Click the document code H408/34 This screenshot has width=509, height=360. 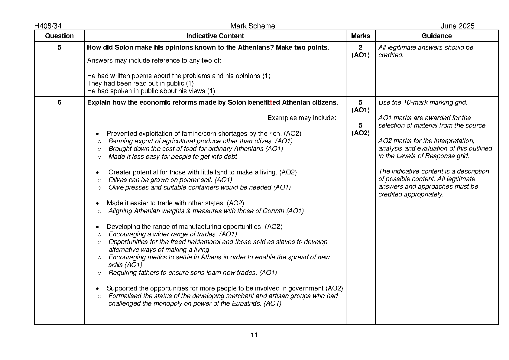[48, 26]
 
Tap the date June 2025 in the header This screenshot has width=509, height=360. [457, 26]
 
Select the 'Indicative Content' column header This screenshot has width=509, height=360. [215, 36]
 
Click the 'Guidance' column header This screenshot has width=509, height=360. [436, 36]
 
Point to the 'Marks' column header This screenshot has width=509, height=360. [360, 36]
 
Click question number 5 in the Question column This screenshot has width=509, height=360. [59, 47]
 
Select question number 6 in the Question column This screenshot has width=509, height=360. [59, 102]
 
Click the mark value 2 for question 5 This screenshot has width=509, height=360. [360, 47]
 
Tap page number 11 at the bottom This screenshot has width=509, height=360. [254, 335]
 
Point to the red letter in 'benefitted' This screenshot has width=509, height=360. [271, 102]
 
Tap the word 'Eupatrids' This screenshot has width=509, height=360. [246, 303]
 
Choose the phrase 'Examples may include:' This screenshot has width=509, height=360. [302, 118]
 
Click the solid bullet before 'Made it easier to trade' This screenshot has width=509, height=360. [97, 203]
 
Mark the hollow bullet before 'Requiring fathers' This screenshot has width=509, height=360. [99, 273]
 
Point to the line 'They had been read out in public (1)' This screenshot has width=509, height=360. [140, 83]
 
